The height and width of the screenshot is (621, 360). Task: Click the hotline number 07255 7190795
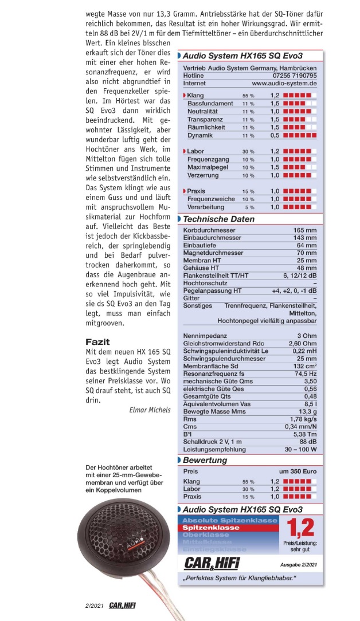(292, 76)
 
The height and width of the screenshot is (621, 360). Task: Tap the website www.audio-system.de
(284, 84)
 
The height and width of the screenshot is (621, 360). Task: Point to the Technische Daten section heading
(218, 219)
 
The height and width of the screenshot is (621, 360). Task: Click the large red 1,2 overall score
(299, 529)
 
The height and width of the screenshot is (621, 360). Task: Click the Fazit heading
(97, 342)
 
